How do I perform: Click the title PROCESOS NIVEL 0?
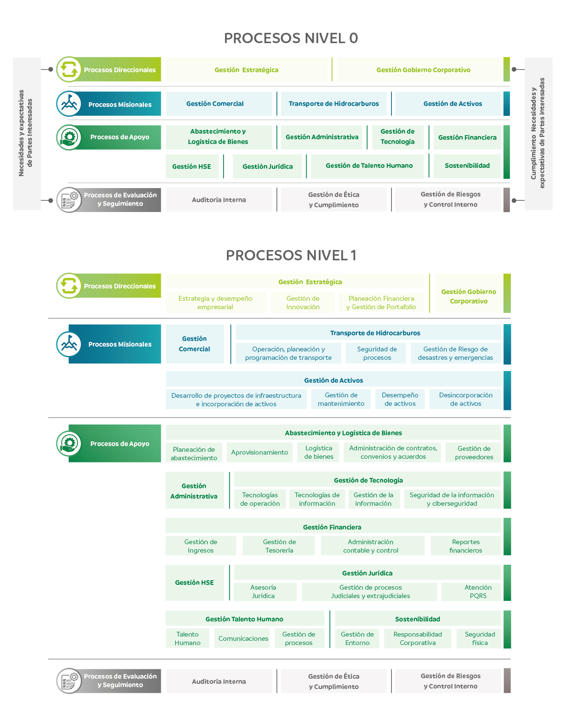[291, 38]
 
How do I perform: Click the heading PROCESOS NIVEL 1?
[291, 256]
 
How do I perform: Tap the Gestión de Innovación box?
[303, 303]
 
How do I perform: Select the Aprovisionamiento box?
[260, 452]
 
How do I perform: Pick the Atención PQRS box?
[478, 591]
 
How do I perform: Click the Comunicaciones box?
[243, 638]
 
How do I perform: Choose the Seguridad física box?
[480, 638]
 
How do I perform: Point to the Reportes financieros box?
[465, 546]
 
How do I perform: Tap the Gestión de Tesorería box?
[279, 546]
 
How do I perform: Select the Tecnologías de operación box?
[260, 499]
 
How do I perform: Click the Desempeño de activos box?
[400, 399]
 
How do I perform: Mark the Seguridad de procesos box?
[376, 353]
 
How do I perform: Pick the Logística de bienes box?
[319, 452]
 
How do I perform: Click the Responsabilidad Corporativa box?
[418, 638]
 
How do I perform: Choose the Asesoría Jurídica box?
[263, 591]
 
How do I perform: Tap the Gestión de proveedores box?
[473, 452]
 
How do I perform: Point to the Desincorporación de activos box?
[465, 399]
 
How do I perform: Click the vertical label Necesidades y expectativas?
[25, 133]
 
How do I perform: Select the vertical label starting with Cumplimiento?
[538, 133]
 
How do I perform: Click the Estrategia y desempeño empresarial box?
[215, 303]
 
